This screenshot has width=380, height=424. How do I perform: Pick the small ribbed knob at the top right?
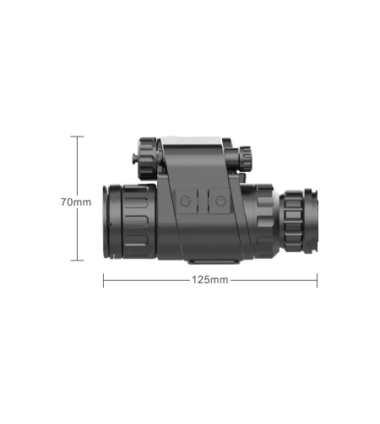click(246, 158)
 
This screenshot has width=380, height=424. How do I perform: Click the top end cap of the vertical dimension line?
click(79, 137)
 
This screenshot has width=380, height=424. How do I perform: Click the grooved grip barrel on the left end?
click(132, 222)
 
